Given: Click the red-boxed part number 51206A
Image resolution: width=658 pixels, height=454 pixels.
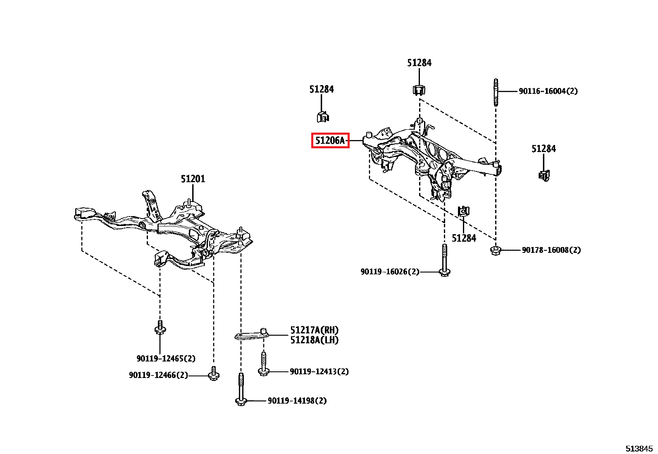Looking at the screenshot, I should pos(330,140).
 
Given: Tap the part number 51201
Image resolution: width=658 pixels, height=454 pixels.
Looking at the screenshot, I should pos(193,179).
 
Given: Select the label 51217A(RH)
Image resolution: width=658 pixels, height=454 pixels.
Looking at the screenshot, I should pos(314,330).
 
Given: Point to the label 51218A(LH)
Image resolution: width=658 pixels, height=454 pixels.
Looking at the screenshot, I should pos(314,340).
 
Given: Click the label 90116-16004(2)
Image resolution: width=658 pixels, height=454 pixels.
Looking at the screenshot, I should pos(548,91).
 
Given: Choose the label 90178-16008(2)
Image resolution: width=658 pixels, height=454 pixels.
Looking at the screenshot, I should pos(551,250).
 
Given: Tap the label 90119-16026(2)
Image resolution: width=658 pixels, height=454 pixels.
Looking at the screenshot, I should pos(390,271).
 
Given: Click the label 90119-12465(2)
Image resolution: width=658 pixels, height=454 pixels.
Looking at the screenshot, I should pos(166,359).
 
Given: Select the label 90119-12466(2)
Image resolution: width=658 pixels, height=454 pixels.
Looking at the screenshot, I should pos(158,375).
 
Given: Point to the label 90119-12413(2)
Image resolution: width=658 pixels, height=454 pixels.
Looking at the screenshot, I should pos(319,371).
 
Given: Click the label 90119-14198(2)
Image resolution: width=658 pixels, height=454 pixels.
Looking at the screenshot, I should pos(297,401).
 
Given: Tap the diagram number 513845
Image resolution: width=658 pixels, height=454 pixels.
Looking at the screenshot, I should pos(639,449).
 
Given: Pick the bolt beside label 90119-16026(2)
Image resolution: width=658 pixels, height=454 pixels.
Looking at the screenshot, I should pos(444,261).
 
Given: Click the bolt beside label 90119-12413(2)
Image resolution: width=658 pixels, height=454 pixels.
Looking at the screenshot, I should pos(263,364).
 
